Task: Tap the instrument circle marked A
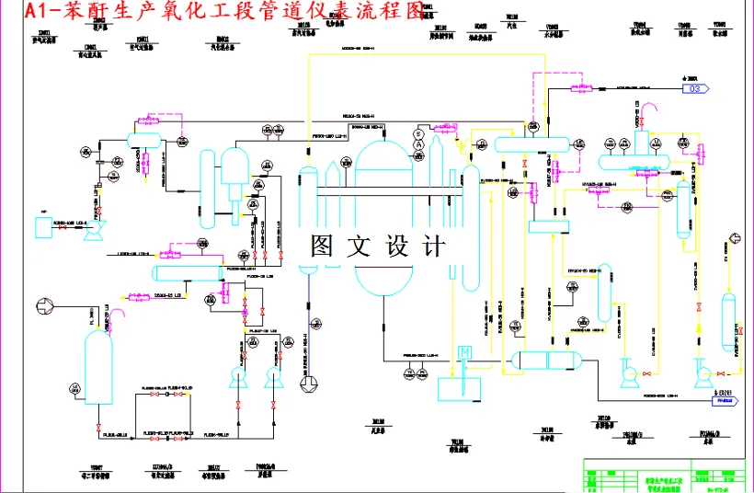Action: (417, 144)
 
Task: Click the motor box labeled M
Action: (464, 353)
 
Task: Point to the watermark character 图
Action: (324, 246)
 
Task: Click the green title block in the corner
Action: (666, 476)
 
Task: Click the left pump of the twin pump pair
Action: (236, 375)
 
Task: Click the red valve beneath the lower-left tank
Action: (97, 430)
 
